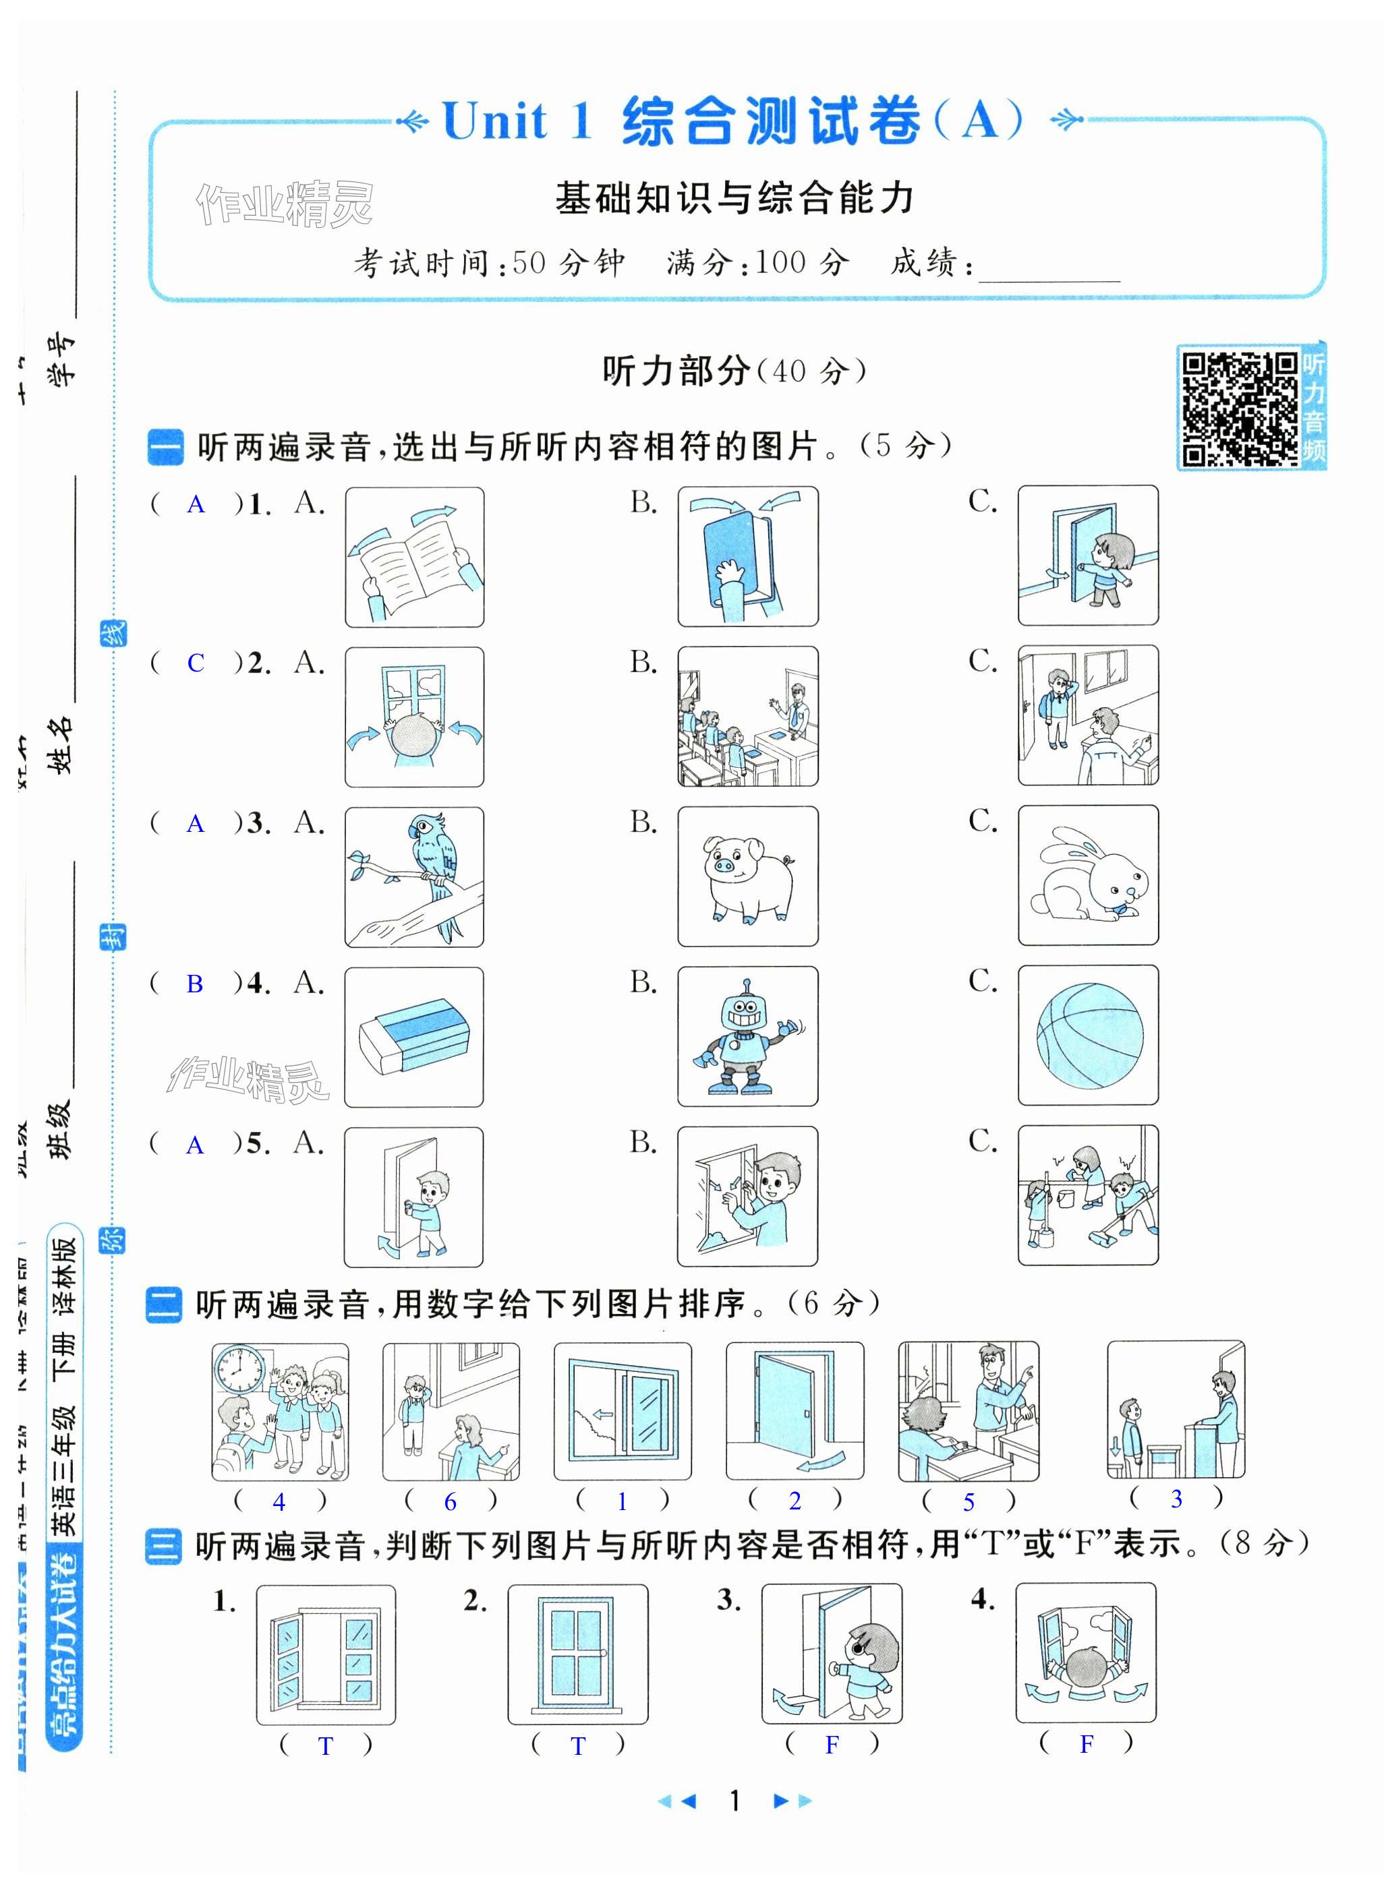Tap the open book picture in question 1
pos(414,557)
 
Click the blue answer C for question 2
pos(195,663)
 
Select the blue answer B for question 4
pos(194,984)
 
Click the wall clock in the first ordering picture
pos(239,1369)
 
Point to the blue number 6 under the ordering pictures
pos(450,1501)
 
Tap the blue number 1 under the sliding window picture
pos(622,1501)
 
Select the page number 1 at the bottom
pos(734,1800)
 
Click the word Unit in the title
pos(495,121)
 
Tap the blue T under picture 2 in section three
pos(577,1746)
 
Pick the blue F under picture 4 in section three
pos(1086,1745)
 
